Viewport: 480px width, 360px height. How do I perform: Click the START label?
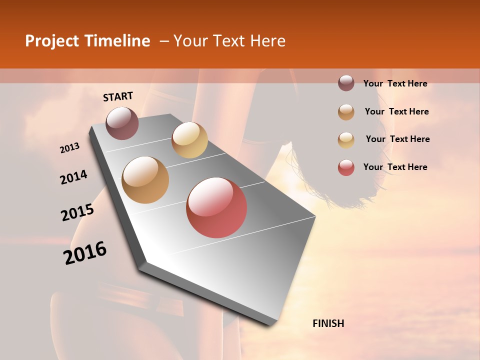(x=118, y=96)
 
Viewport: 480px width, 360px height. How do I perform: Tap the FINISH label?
(x=328, y=323)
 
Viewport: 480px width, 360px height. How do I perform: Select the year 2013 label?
(x=70, y=148)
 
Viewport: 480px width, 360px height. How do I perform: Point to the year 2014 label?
(x=73, y=177)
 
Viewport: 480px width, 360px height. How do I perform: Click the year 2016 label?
(x=85, y=253)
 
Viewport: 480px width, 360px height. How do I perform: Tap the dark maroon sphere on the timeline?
(x=122, y=123)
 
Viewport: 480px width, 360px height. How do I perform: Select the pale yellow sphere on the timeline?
(x=189, y=139)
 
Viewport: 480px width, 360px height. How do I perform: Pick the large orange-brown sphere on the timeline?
(x=145, y=180)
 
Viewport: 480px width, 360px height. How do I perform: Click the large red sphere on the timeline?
(x=216, y=207)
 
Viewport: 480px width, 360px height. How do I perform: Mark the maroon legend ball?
(x=346, y=83)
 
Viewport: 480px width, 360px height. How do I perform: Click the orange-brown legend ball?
(x=346, y=112)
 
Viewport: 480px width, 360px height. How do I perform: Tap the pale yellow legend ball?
(x=346, y=140)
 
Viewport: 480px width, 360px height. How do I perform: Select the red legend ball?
(x=346, y=167)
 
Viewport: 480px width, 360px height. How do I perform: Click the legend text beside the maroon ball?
(x=395, y=83)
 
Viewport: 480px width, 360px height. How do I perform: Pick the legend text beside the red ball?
(x=395, y=167)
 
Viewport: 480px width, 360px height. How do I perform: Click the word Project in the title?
(x=51, y=41)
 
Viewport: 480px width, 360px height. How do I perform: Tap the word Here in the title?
(x=267, y=41)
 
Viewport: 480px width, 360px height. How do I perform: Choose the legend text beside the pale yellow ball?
(x=397, y=139)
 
